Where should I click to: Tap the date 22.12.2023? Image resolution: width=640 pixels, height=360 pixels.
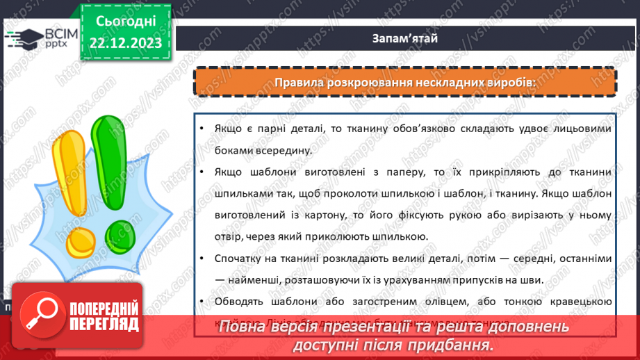coord(126,42)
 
